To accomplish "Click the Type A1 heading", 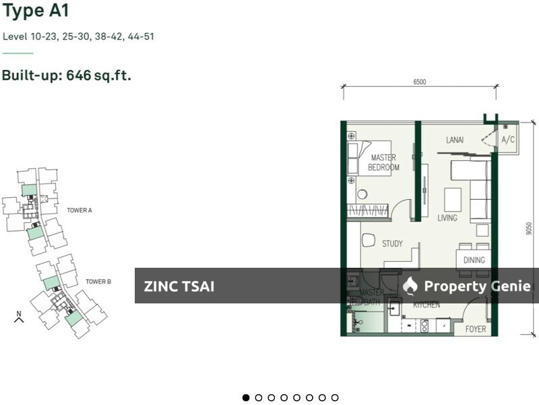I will point(36,11).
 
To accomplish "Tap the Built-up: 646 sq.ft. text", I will point(66,75).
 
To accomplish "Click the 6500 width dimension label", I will point(419,82).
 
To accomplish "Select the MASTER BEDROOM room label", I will point(383,163).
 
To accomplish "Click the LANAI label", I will point(455,140).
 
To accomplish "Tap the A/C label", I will point(508,140).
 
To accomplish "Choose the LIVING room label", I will point(447,218).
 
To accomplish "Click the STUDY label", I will point(392,244).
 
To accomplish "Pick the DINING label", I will point(474,260).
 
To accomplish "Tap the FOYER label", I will point(476,330).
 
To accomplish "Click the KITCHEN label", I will point(426,305).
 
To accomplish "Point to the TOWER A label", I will point(80,211).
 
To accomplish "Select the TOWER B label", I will point(98,281).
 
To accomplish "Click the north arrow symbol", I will point(19,317).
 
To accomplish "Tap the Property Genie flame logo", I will point(410,286).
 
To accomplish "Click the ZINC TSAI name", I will point(179,287).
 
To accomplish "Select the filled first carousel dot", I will point(246,398).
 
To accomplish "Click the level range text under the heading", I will point(78,36).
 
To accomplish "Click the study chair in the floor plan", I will point(369,240).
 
